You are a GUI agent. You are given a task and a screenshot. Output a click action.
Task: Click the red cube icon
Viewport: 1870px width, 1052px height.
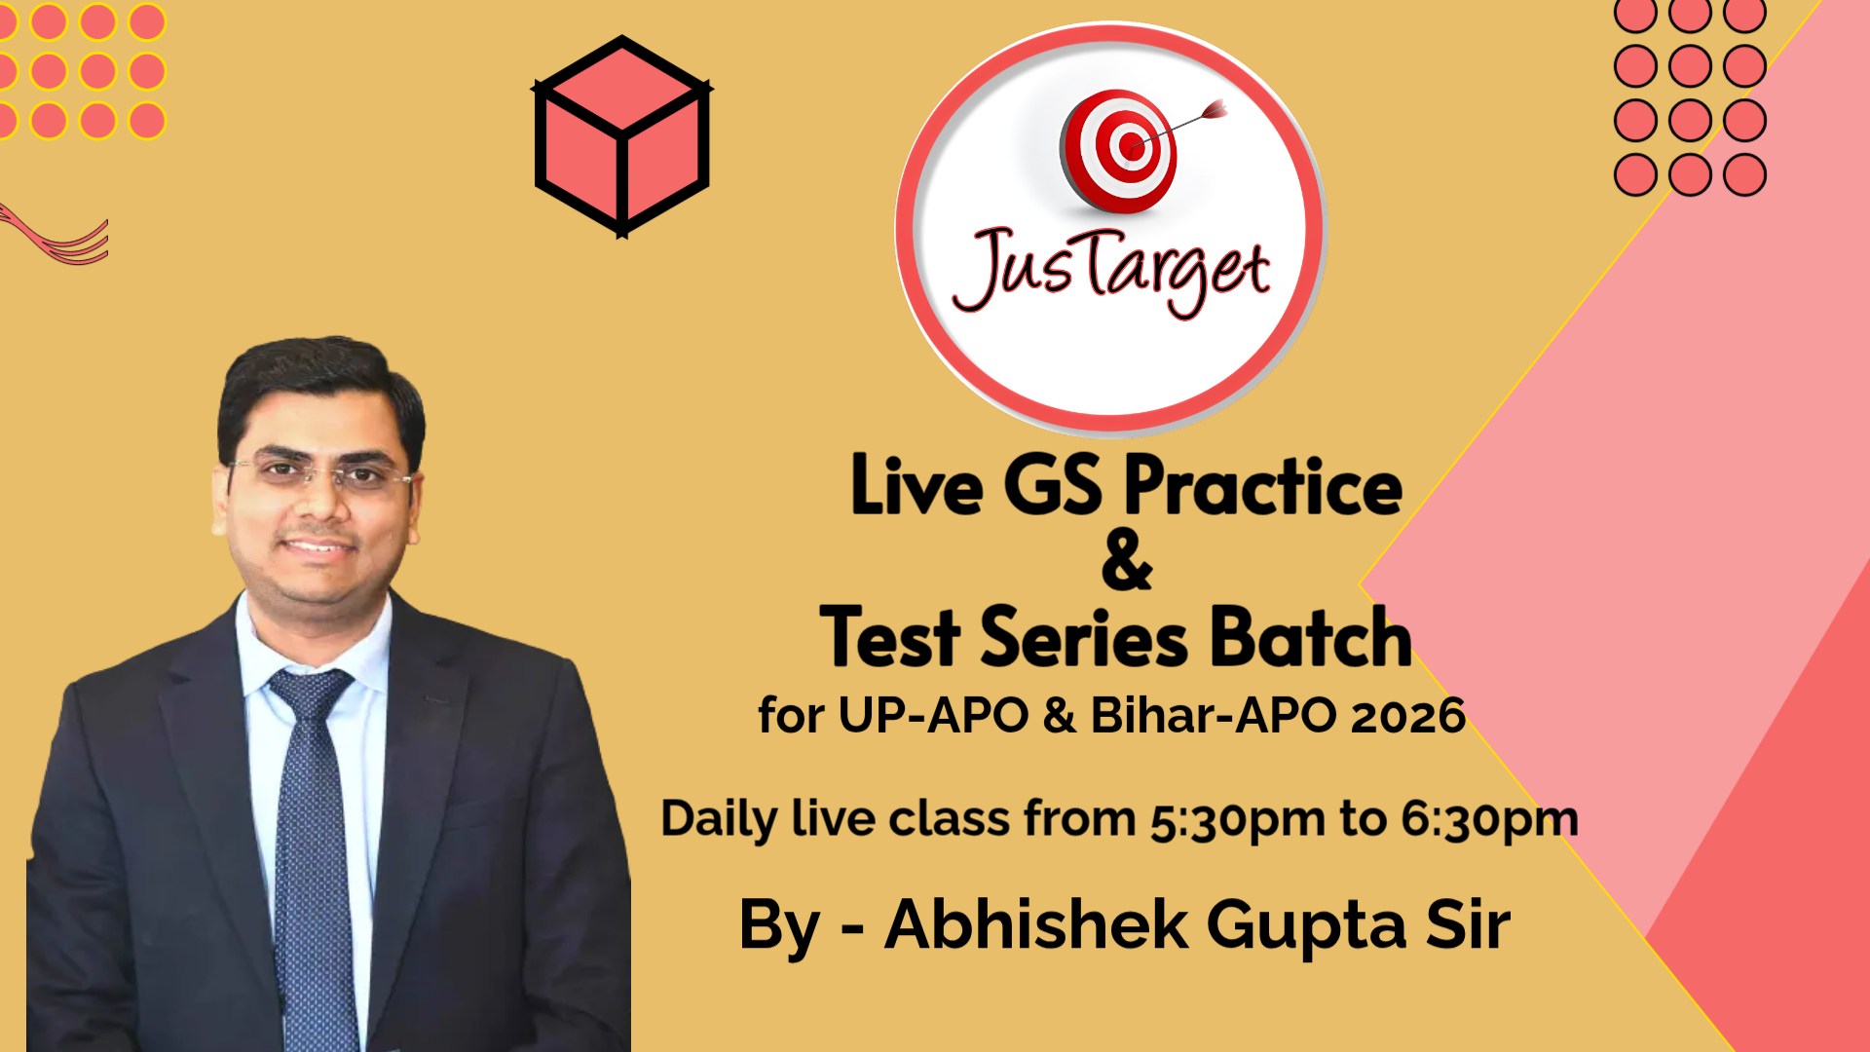622,136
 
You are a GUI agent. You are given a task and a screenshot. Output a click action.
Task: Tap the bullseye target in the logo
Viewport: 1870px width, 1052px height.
1119,151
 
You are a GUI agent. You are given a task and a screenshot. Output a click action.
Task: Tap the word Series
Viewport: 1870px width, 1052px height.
1084,637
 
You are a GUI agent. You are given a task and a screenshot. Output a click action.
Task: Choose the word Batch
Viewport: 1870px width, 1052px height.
1311,637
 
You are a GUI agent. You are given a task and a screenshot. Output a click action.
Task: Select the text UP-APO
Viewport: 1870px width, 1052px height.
933,716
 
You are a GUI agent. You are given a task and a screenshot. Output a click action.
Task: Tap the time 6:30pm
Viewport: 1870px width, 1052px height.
1489,820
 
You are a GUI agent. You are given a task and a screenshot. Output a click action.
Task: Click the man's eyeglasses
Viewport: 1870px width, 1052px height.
320,474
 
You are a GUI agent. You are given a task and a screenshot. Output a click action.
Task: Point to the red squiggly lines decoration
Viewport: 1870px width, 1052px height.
54,236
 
